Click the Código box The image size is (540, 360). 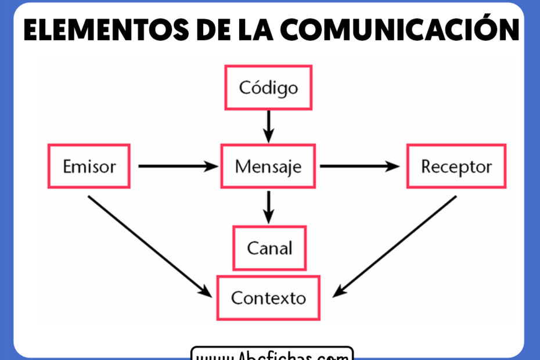(x=268, y=88)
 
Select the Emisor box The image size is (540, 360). (x=89, y=167)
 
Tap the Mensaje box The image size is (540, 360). (x=268, y=167)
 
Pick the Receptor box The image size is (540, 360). (x=456, y=167)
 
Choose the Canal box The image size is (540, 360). (x=269, y=249)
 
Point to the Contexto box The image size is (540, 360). (x=268, y=298)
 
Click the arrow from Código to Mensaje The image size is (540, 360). (x=268, y=125)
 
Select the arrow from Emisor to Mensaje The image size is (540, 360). (x=177, y=167)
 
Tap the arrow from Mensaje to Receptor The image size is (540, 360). (x=359, y=167)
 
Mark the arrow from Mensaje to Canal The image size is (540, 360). (x=268, y=206)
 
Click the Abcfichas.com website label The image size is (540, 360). (x=272, y=354)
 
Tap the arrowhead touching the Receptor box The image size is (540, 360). (x=394, y=167)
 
